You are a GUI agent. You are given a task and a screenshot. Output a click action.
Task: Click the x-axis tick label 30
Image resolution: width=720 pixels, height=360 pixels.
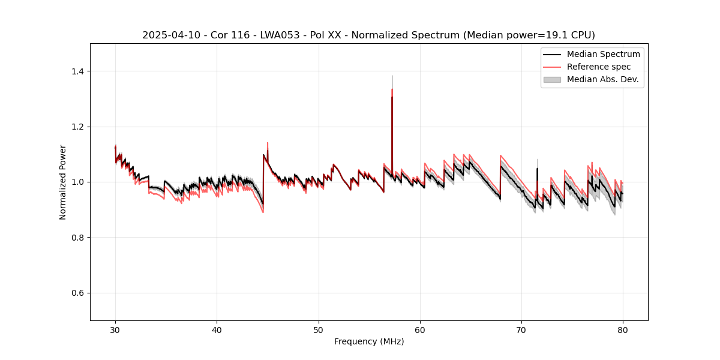click(115, 329)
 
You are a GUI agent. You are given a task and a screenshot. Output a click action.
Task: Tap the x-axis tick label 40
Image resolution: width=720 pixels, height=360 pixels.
click(217, 329)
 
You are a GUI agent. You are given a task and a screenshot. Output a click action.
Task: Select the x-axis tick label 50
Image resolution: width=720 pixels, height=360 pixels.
click(319, 329)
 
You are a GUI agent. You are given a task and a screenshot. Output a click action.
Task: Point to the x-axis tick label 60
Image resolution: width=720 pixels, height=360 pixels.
click(420, 329)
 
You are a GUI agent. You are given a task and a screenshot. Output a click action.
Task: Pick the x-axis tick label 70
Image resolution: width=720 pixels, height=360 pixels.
click(521, 329)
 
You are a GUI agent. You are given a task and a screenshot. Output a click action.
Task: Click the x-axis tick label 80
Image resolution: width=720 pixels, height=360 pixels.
click(623, 329)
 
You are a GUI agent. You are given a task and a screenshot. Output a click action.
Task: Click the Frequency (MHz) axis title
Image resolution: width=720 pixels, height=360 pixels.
click(369, 341)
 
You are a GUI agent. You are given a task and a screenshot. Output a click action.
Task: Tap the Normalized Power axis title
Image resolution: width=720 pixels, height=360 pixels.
click(63, 182)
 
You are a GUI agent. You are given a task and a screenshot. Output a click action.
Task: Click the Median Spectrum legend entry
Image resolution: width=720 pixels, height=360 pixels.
click(603, 54)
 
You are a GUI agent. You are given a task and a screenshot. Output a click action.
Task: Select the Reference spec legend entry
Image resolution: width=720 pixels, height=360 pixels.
click(599, 67)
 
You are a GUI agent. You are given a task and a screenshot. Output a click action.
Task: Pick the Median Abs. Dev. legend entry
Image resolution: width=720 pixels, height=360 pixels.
click(603, 79)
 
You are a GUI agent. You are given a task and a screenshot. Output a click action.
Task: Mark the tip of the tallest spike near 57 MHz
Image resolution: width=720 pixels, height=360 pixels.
click(392, 76)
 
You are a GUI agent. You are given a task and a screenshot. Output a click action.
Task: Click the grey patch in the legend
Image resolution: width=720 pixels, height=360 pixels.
click(552, 79)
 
